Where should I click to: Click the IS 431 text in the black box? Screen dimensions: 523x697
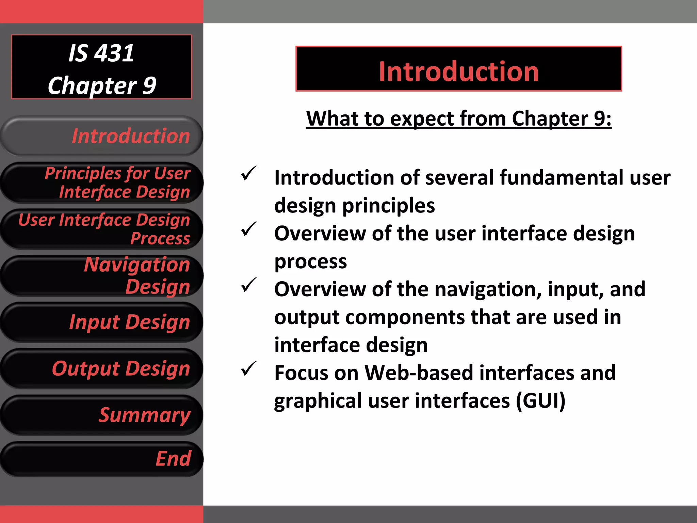click(101, 53)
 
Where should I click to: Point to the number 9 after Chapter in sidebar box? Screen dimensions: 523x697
click(149, 85)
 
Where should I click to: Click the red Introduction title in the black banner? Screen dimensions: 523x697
click(458, 72)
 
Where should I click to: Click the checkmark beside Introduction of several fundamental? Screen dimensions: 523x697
click(248, 174)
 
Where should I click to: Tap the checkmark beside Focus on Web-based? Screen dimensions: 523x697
click(248, 369)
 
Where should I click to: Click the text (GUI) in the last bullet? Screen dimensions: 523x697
click(540, 401)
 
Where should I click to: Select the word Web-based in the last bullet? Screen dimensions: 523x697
click(419, 373)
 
